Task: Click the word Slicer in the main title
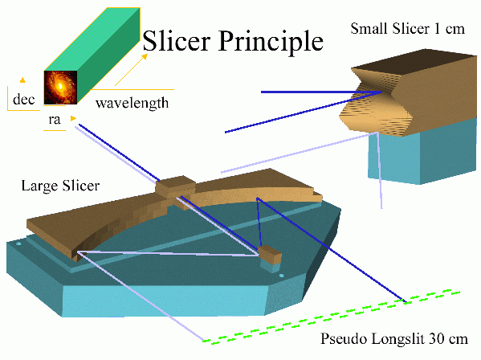177,41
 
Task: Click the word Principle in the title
271,43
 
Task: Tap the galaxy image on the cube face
60,88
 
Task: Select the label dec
23,100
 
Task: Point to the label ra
55,120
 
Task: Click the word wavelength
132,103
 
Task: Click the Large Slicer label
60,186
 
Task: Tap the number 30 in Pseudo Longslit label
435,339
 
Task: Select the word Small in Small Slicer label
369,29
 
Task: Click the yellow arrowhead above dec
22,80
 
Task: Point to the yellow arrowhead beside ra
73,118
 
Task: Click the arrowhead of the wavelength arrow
145,57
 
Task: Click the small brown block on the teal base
270,254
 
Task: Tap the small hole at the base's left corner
18,244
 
